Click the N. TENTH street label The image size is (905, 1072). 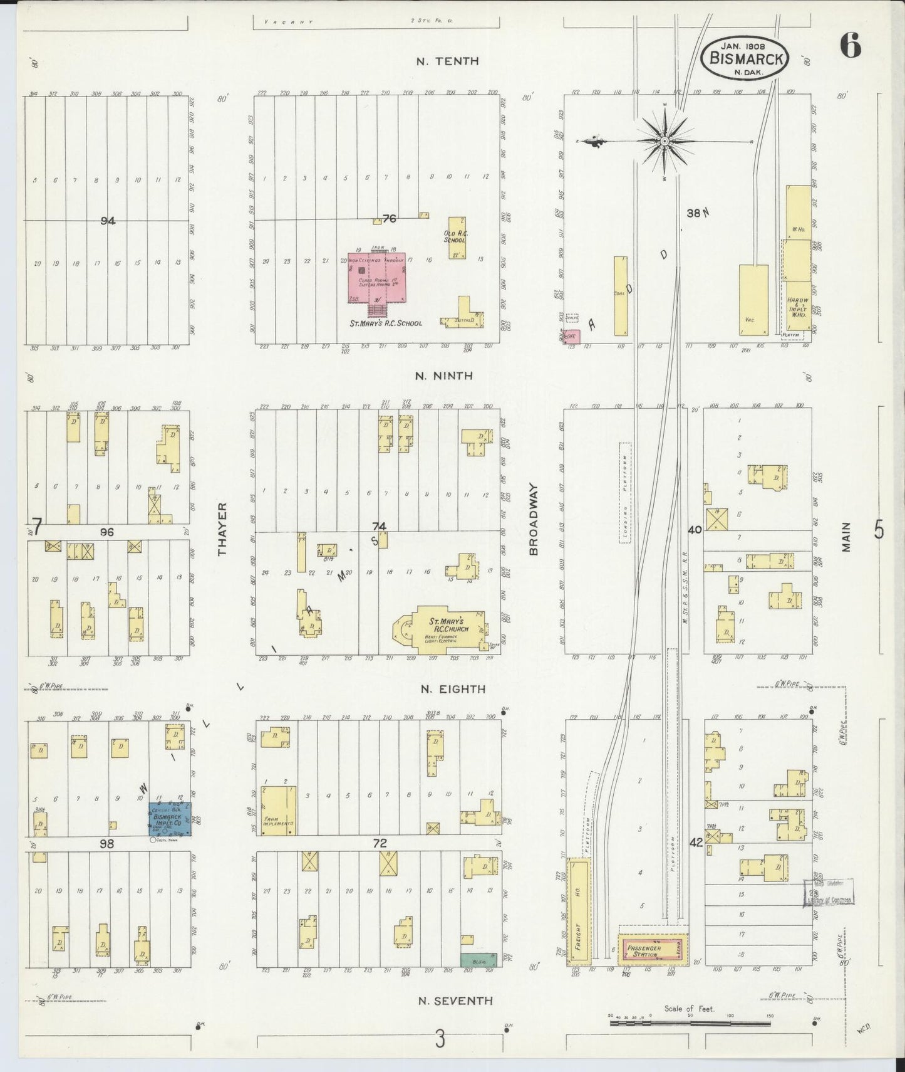(448, 61)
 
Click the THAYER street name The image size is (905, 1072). (221, 529)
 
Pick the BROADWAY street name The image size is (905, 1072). (534, 518)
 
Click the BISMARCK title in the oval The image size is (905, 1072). (745, 59)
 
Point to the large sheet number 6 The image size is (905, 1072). (850, 46)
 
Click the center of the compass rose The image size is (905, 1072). (665, 142)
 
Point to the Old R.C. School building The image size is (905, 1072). (457, 238)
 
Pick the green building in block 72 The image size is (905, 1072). (478, 959)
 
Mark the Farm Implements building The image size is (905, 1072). (278, 811)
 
